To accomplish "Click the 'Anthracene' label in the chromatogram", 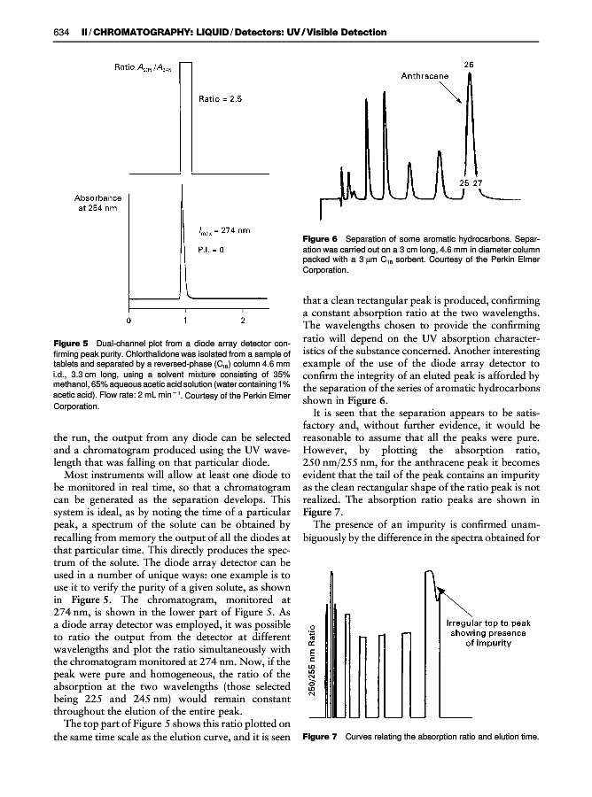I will tap(425, 76).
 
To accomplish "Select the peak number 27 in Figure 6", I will tap(481, 183).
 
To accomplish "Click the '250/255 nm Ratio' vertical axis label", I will tap(311, 662).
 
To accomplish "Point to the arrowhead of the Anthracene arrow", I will tap(463, 103).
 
